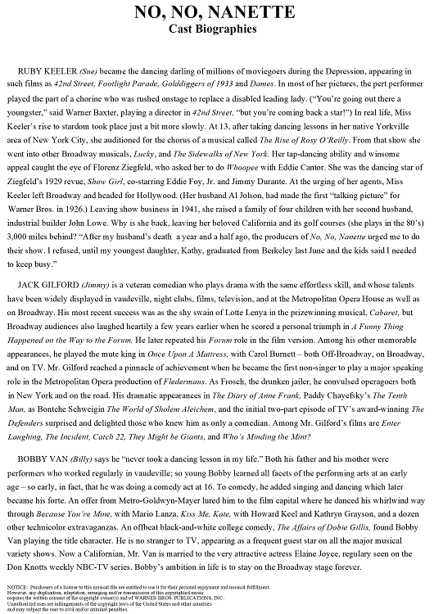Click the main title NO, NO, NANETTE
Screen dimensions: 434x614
pos(216,14)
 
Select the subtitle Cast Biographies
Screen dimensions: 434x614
pos(216,30)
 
